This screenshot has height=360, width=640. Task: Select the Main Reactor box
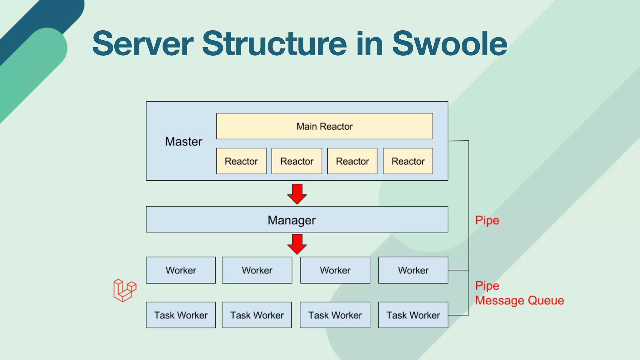[x=324, y=126]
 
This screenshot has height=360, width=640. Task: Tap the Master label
[x=183, y=142]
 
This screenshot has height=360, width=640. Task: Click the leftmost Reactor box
[x=241, y=161]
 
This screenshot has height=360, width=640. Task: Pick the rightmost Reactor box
[x=408, y=161]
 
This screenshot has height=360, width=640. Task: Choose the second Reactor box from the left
[x=297, y=161]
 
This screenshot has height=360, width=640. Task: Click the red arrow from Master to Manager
[x=297, y=194]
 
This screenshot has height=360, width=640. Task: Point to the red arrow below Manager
[x=297, y=244]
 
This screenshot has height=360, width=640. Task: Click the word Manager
[x=292, y=220]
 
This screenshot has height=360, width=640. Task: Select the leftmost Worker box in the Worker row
[x=181, y=270]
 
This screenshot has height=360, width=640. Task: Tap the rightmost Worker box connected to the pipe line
[x=413, y=270]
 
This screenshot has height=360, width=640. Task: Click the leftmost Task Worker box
[x=181, y=315]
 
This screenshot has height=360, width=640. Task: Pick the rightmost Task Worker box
[x=413, y=315]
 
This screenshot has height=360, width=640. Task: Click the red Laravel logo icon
[x=124, y=290]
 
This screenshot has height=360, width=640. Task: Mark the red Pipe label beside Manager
[x=487, y=221]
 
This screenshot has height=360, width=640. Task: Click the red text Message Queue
[x=519, y=301]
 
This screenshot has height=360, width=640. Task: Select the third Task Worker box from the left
[x=335, y=315]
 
